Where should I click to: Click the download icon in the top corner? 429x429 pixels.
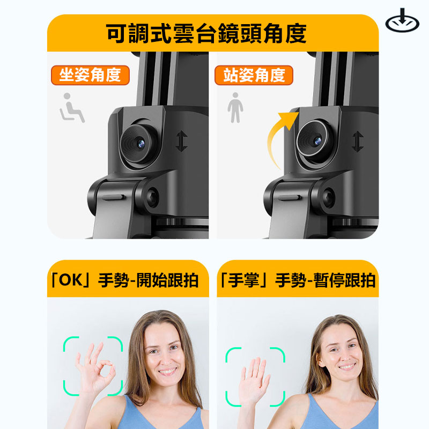402,20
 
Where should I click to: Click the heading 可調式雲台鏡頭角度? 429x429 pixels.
206,33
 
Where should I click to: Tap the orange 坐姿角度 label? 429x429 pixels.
90,75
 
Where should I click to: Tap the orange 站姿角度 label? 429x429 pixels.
254,75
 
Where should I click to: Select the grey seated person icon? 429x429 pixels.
72,108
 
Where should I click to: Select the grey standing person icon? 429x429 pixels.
235,108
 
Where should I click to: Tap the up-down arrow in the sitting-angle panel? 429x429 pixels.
181,141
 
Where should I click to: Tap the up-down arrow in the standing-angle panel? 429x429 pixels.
358,141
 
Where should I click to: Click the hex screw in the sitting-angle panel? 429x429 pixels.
152,197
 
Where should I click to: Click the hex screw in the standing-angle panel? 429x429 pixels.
328,197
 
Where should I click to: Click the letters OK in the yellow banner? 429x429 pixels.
70,280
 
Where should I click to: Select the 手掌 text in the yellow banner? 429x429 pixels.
243,280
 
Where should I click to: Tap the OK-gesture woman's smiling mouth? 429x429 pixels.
167,371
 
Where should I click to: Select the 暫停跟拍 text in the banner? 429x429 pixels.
344,280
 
